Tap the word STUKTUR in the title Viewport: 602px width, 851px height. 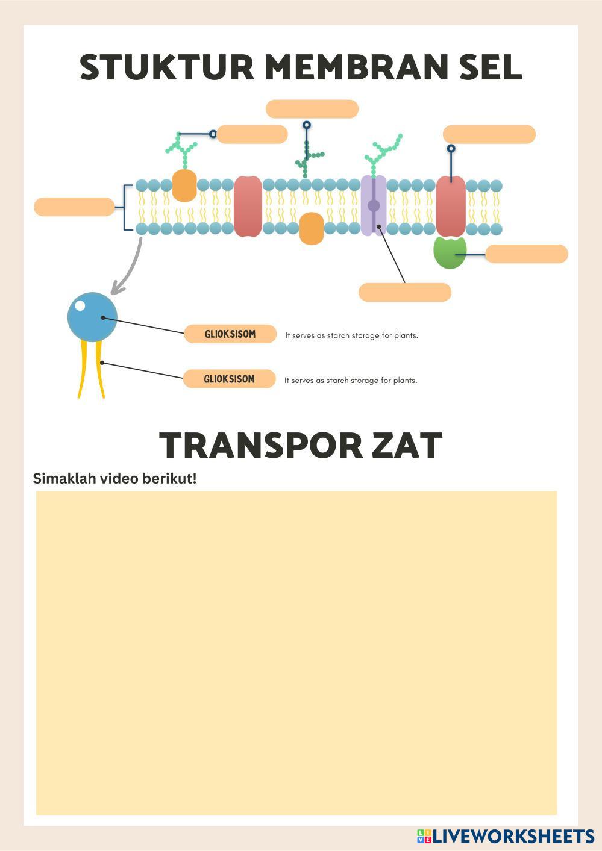pos(167,67)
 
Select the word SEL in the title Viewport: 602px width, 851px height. pos(490,67)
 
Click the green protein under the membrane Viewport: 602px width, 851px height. pos(450,252)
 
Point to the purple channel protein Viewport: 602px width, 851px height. pos(374,205)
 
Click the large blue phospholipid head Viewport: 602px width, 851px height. pos(92,317)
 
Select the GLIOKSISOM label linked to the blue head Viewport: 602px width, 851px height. pos(230,334)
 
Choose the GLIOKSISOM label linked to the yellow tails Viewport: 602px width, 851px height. pos(229,379)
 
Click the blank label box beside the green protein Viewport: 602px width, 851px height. pos(526,254)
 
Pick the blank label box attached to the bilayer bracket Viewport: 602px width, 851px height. pos(74,207)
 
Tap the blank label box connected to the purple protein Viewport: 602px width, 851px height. pos(404,292)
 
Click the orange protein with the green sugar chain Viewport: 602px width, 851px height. pos(184,185)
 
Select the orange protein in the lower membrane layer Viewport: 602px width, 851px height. pos(311,228)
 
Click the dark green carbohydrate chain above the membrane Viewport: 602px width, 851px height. pos(307,154)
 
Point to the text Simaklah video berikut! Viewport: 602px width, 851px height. pos(114,479)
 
